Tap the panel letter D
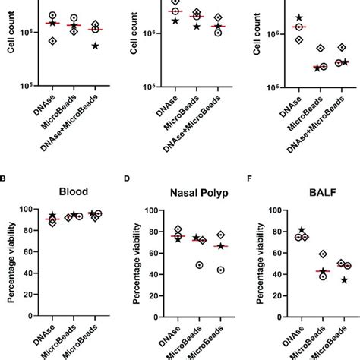[x=126, y=181]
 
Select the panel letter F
[x=247, y=181]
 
